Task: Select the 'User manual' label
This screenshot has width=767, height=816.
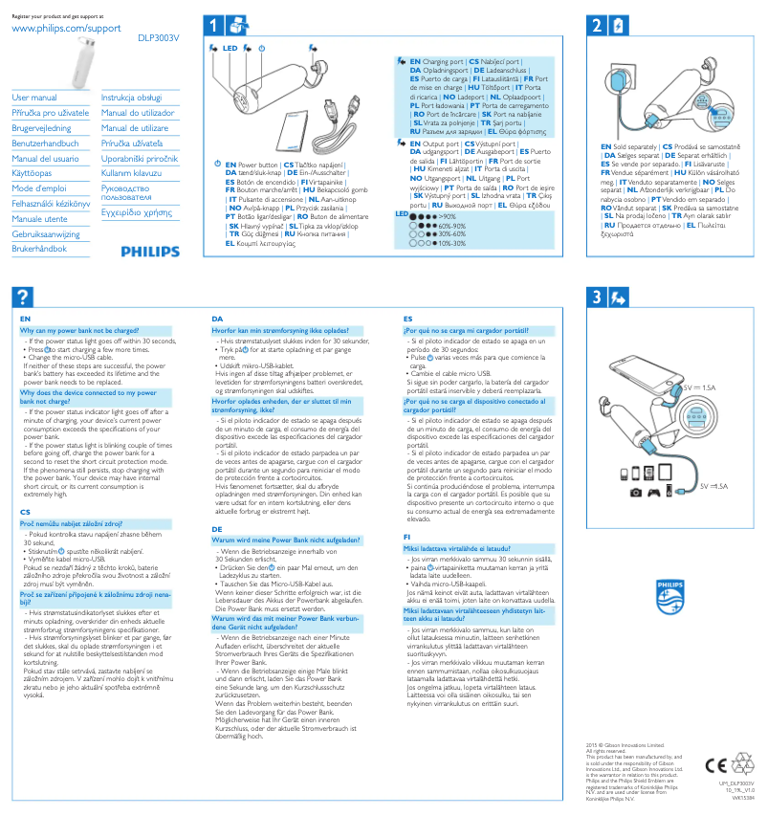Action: click(x=34, y=98)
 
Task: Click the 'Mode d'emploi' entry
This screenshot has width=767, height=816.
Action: click(x=39, y=188)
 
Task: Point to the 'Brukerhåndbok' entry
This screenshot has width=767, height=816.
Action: click(x=39, y=249)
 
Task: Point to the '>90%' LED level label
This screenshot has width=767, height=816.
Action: click(x=446, y=217)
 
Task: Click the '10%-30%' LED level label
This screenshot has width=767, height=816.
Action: click(x=451, y=243)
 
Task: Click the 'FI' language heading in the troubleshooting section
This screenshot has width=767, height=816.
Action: click(x=407, y=537)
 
